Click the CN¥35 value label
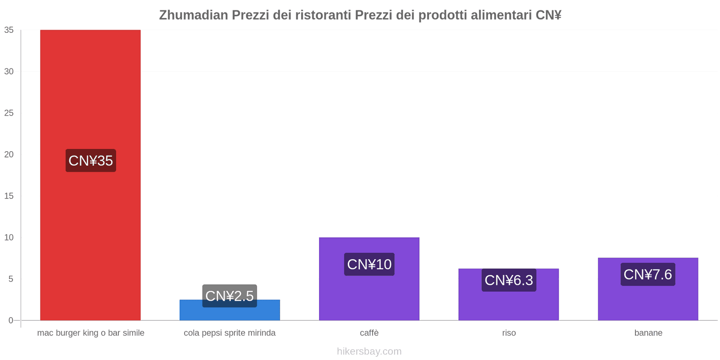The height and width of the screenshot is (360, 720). click(x=90, y=161)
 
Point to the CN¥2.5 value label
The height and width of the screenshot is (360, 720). click(x=229, y=296)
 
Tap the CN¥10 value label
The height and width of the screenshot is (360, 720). click(x=369, y=264)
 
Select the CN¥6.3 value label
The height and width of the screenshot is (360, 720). click(x=508, y=280)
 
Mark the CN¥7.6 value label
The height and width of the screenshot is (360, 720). click(x=648, y=274)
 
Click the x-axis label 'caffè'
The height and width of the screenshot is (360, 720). click(x=369, y=333)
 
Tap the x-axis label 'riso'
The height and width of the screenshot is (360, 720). click(x=509, y=333)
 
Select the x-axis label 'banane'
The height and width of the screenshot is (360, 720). click(x=648, y=333)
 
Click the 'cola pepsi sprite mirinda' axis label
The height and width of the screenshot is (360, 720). click(x=229, y=333)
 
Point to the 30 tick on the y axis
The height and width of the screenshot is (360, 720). click(x=9, y=72)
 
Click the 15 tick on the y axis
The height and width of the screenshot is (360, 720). click(x=9, y=196)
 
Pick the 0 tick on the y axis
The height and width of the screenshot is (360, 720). click(x=11, y=320)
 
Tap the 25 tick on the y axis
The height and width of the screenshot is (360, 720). click(x=9, y=113)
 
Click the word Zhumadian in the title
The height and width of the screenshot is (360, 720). click(x=193, y=15)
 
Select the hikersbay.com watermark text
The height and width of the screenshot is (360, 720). click(x=369, y=351)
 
